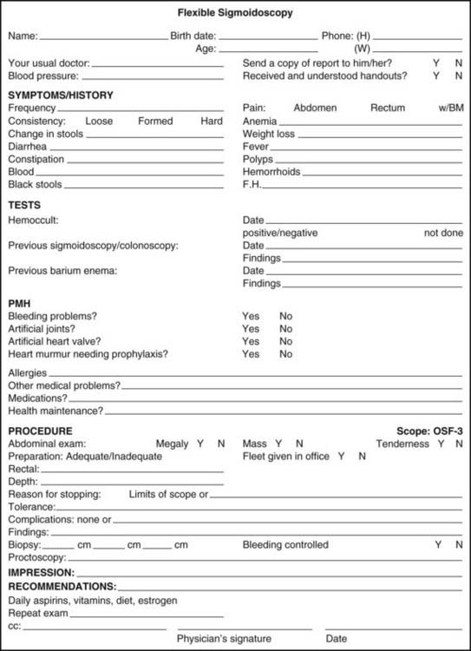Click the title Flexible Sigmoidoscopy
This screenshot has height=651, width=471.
[235, 13]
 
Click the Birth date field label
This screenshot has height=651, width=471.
[193, 36]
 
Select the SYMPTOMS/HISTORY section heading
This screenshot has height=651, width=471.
[61, 95]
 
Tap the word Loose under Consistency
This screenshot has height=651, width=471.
[99, 122]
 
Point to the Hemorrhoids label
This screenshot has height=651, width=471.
[271, 172]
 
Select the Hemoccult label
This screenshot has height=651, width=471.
[33, 221]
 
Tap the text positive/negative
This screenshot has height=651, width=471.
[280, 233]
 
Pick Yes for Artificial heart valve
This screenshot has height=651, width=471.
[251, 341]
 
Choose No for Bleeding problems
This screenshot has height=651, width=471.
[286, 317]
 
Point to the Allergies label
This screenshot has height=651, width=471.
[29, 372]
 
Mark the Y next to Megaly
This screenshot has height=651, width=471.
[200, 444]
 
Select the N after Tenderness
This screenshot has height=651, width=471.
[458, 444]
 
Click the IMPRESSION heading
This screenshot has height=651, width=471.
[41, 574]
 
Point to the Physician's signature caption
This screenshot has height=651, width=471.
[224, 638]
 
